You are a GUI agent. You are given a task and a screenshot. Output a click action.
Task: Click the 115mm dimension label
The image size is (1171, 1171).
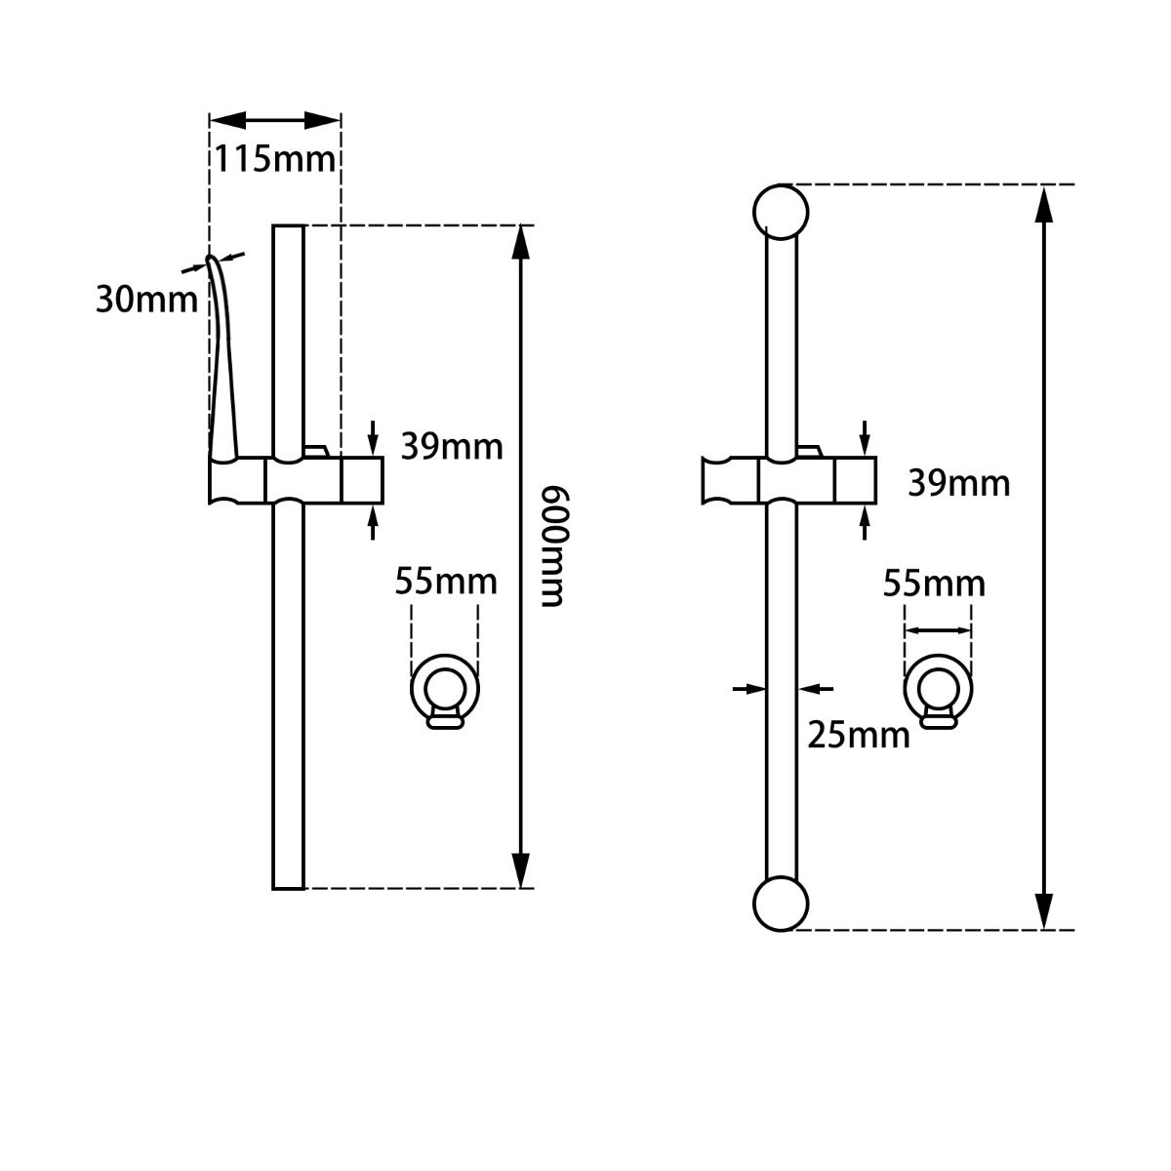tap(275, 158)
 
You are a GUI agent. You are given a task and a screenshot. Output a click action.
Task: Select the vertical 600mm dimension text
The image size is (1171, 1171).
tap(552, 545)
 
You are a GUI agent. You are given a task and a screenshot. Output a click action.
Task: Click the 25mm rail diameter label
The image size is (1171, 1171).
tap(859, 734)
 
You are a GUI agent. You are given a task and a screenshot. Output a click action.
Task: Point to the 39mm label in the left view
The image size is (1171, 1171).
tap(452, 447)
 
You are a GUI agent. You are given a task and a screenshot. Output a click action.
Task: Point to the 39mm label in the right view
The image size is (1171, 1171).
tap(959, 483)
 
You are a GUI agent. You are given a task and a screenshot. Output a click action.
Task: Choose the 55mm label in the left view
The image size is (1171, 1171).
tap(446, 582)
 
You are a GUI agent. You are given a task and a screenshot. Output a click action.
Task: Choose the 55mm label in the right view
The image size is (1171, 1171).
tap(934, 584)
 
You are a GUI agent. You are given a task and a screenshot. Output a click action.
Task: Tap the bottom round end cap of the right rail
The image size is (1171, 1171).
tap(781, 904)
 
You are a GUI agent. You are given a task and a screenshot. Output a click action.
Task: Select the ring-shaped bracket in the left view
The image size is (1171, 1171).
tap(445, 690)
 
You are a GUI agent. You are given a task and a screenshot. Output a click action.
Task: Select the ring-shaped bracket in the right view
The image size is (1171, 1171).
tap(938, 690)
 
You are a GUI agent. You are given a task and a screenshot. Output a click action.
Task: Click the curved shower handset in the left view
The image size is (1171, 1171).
tap(222, 361)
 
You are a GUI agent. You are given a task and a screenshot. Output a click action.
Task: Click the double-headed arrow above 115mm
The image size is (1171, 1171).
tap(275, 120)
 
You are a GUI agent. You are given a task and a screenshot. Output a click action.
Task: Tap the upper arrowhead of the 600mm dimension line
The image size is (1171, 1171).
tap(522, 244)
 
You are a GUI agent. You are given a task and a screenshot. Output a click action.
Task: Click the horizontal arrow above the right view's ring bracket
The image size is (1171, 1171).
tap(938, 630)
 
